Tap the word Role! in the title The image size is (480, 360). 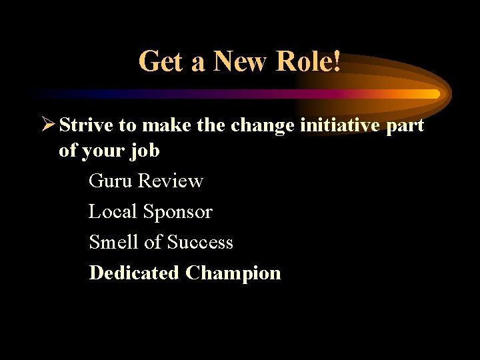(x=309, y=62)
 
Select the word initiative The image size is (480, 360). (x=341, y=125)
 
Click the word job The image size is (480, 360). (x=145, y=151)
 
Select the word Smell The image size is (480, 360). (x=114, y=242)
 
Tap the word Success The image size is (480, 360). (x=200, y=242)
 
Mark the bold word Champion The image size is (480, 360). (x=233, y=273)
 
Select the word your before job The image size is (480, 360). (x=103, y=151)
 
